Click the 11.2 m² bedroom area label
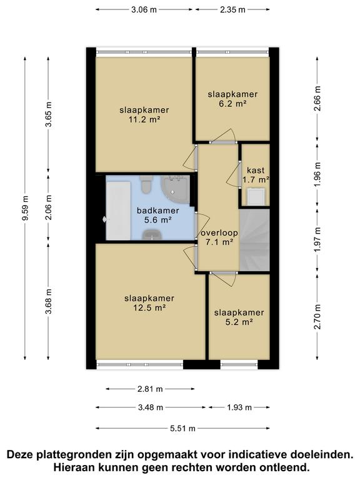pyautogui.click(x=144, y=115)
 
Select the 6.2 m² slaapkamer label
pyautogui.click(x=232, y=99)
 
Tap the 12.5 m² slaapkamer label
pyautogui.click(x=149, y=302)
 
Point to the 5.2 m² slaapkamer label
pyautogui.click(x=239, y=317)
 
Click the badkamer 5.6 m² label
pyautogui.click(x=158, y=215)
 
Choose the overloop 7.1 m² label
pyautogui.click(x=217, y=237)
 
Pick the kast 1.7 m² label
pyautogui.click(x=256, y=175)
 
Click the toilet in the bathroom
pyautogui.click(x=147, y=186)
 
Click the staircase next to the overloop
pyautogui.click(x=254, y=241)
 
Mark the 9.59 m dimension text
pyautogui.click(x=25, y=207)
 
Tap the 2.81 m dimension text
pyautogui.click(x=150, y=389)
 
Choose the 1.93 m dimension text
pyautogui.click(x=239, y=407)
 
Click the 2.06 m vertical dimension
pyautogui.click(x=49, y=208)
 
